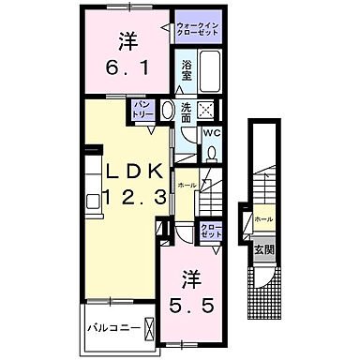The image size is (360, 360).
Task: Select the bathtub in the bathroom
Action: [209, 71]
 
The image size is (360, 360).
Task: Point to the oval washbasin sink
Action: [168, 111]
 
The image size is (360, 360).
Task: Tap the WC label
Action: [211, 132]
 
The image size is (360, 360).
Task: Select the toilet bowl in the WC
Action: [213, 153]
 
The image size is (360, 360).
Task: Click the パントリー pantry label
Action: [142, 109]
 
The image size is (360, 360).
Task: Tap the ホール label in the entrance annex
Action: [264, 219]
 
